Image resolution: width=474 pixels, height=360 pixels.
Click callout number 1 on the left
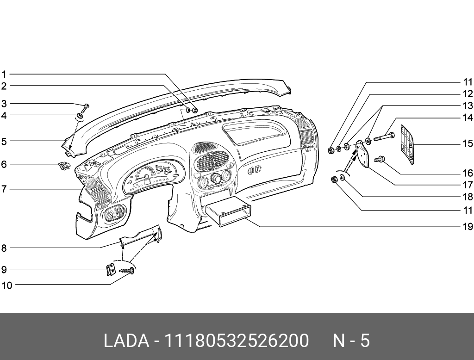[x=4, y=74]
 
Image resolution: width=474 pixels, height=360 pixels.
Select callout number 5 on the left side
[x=4, y=141]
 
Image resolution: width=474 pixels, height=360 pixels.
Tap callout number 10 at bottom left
[x=6, y=286]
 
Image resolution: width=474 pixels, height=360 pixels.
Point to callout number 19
[x=468, y=227]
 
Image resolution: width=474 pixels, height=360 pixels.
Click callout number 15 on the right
[x=468, y=143]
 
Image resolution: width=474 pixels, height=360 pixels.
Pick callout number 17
[x=468, y=185]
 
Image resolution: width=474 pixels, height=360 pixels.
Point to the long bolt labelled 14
[x=383, y=137]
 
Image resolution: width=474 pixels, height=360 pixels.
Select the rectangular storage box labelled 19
[x=228, y=212]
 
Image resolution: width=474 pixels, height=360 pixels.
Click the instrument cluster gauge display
[x=150, y=178]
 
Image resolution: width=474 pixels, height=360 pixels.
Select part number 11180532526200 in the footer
[x=237, y=341]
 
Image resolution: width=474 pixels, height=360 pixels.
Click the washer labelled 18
[x=343, y=178]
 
